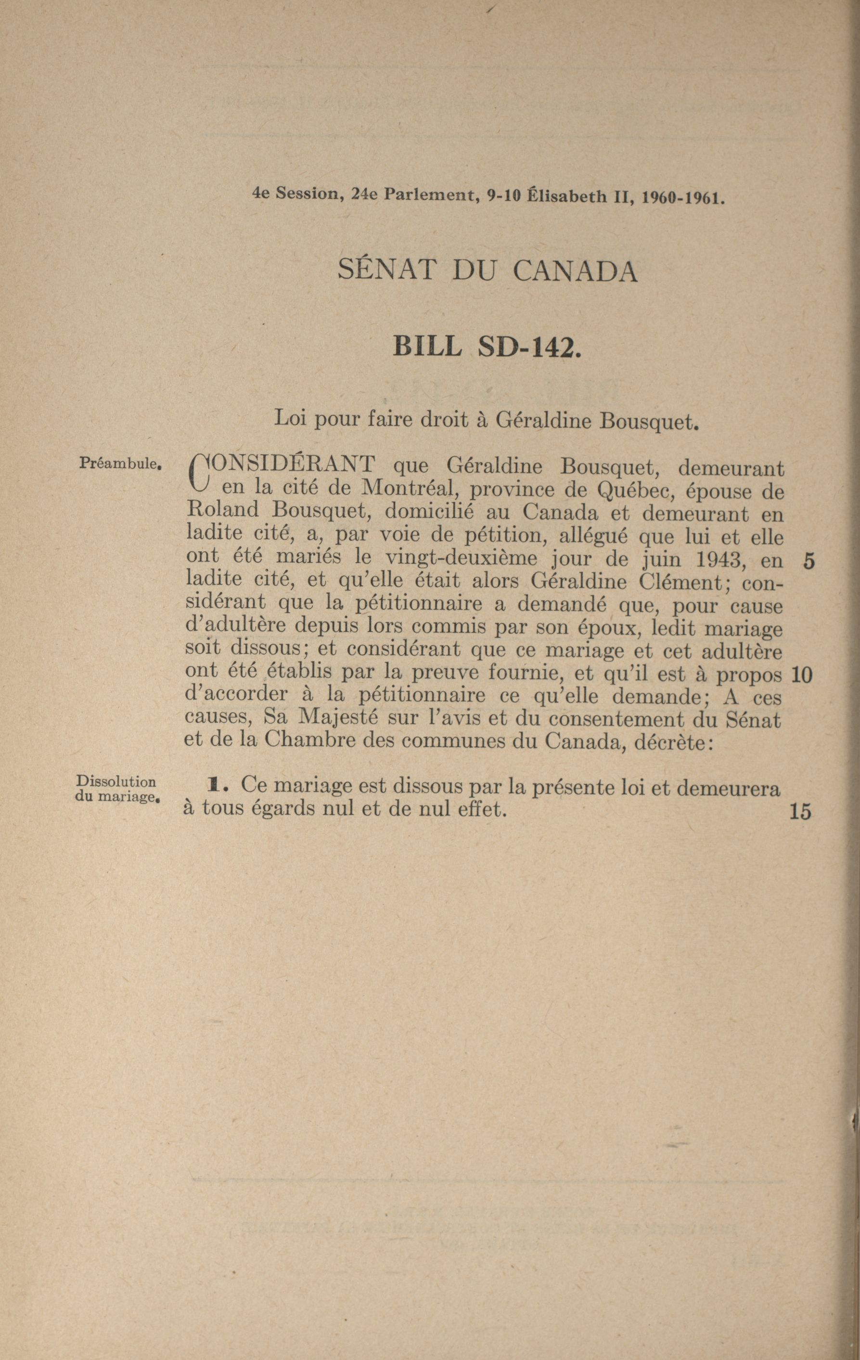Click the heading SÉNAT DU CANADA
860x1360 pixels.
pyautogui.click(x=488, y=271)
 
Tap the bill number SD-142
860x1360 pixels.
pyautogui.click(x=528, y=346)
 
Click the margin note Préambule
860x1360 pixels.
pyautogui.click(x=121, y=464)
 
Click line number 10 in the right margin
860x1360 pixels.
pyautogui.click(x=802, y=674)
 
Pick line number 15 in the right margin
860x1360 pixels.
pyautogui.click(x=801, y=812)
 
